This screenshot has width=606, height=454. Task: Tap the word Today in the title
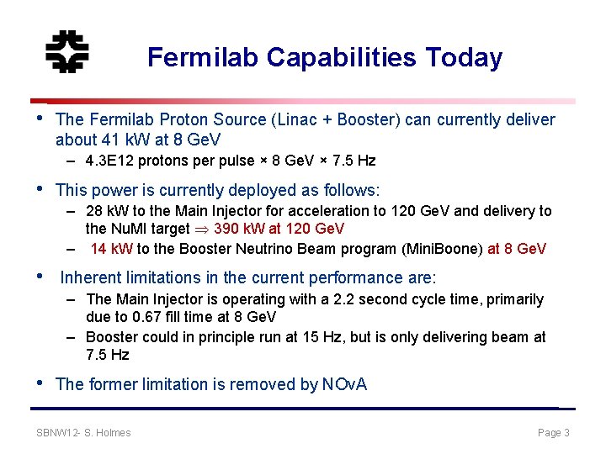coord(464,57)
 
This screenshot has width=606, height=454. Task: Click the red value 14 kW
coord(111,249)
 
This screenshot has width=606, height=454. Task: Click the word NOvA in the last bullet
coord(344,384)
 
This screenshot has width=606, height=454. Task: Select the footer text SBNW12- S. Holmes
coord(84,433)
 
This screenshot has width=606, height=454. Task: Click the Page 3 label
coord(554,433)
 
